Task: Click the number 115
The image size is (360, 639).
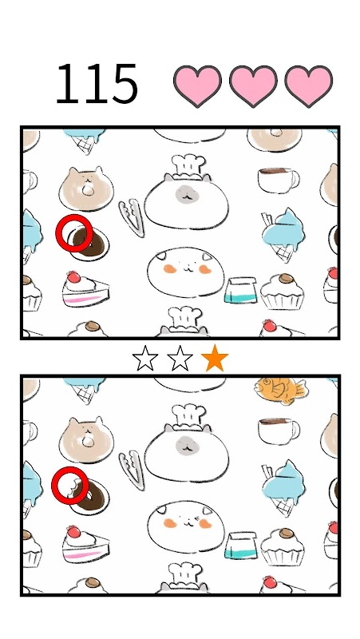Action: point(97,84)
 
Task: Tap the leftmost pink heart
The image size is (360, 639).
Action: point(197,86)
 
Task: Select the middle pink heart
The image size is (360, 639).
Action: point(253,86)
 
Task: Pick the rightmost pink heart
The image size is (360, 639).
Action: point(308,86)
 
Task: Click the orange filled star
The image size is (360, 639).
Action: point(215,358)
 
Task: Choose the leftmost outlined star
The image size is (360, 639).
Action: point(145,358)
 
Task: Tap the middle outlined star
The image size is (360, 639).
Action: point(180,358)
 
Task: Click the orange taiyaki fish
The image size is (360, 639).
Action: point(280,391)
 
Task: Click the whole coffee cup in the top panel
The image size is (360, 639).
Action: point(278,180)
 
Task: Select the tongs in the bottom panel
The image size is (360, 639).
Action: point(133,469)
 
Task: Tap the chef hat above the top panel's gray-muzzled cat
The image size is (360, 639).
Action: point(188,166)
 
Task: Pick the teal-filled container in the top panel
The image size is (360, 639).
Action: point(241,290)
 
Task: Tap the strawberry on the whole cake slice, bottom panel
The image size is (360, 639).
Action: point(73,531)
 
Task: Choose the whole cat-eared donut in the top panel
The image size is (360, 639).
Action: point(86,188)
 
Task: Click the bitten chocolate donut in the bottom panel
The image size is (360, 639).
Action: point(89,496)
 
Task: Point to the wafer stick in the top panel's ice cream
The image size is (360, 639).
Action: point(267,220)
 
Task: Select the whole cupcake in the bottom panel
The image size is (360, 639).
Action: point(283,547)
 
